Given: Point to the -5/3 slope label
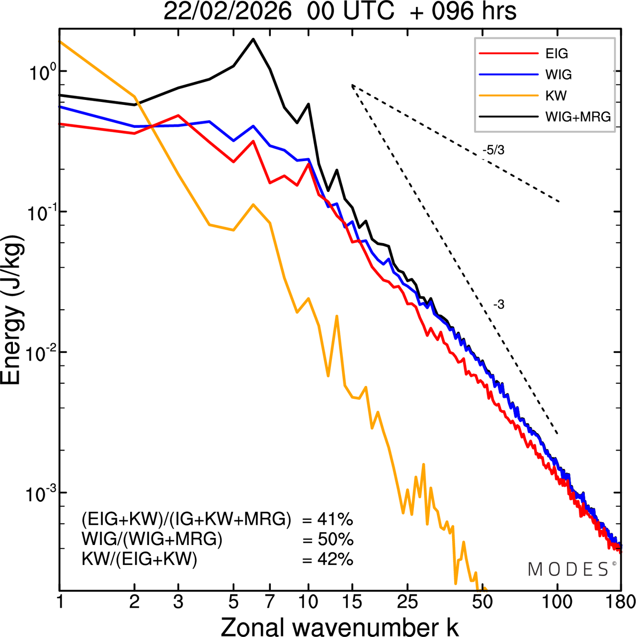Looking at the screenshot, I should pyautogui.click(x=493, y=150).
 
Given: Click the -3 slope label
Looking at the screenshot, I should pyautogui.click(x=498, y=305).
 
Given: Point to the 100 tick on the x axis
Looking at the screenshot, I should pyautogui.click(x=557, y=602).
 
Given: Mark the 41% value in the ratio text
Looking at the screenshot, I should pyautogui.click(x=335, y=520).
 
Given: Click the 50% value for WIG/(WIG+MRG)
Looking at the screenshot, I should pyautogui.click(x=335, y=540).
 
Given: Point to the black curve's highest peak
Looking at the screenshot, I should pyautogui.click(x=253, y=39).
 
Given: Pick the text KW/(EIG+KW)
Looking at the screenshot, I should pyautogui.click(x=140, y=559).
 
